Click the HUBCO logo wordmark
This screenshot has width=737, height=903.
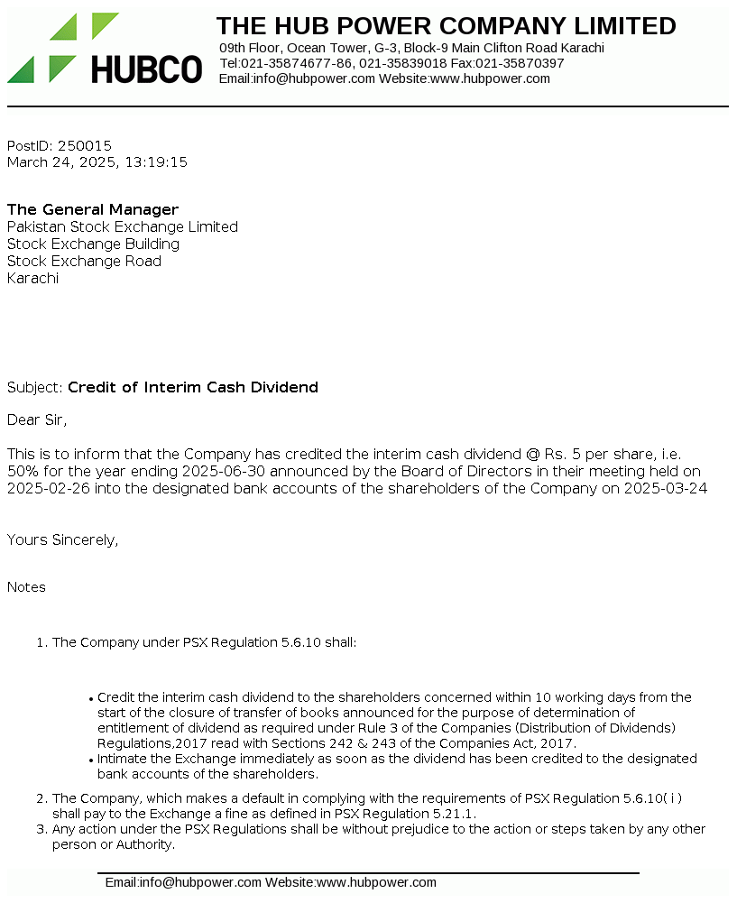pos(146,69)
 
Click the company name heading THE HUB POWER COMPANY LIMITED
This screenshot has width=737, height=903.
pos(446,26)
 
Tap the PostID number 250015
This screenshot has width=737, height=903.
pos(85,145)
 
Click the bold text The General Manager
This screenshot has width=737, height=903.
pos(93,210)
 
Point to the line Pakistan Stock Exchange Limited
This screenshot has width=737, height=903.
pos(123,227)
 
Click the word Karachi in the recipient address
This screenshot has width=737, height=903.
pos(32,279)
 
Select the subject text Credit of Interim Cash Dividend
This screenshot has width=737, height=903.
pos(193,388)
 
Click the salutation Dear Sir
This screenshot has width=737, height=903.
pos(37,419)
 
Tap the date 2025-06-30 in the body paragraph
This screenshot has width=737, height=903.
pos(221,472)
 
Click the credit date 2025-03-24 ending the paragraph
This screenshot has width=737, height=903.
pos(664,489)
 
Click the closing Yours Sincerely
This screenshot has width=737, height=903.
pos(62,540)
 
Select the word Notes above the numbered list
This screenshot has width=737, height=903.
pos(26,587)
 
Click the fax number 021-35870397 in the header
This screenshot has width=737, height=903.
pos(520,63)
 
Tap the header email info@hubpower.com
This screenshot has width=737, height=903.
pos(313,78)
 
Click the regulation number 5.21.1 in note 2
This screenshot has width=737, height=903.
pos(456,814)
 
